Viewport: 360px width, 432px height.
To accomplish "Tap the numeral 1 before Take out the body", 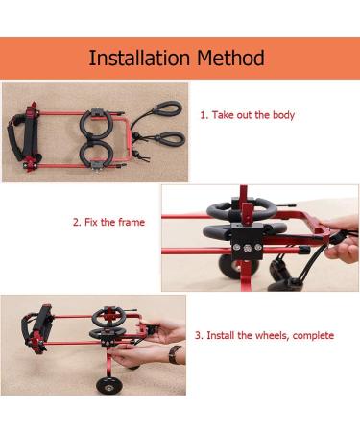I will [202, 115].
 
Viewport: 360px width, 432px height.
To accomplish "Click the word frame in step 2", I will [132, 222].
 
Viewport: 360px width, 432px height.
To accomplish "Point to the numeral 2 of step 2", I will [76, 222].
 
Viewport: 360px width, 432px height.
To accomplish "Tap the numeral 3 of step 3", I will [199, 336].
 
